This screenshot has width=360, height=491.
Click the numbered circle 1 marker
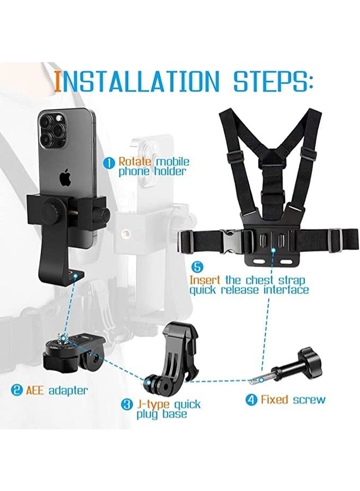(x=111, y=162)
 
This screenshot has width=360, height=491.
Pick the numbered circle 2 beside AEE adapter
(x=17, y=390)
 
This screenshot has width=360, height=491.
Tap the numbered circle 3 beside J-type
(x=127, y=404)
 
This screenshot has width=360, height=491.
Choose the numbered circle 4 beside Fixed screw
(x=251, y=399)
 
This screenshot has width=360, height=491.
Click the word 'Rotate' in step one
(x=135, y=161)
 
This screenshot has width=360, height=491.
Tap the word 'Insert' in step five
(x=206, y=279)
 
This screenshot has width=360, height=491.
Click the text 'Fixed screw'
(x=292, y=399)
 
